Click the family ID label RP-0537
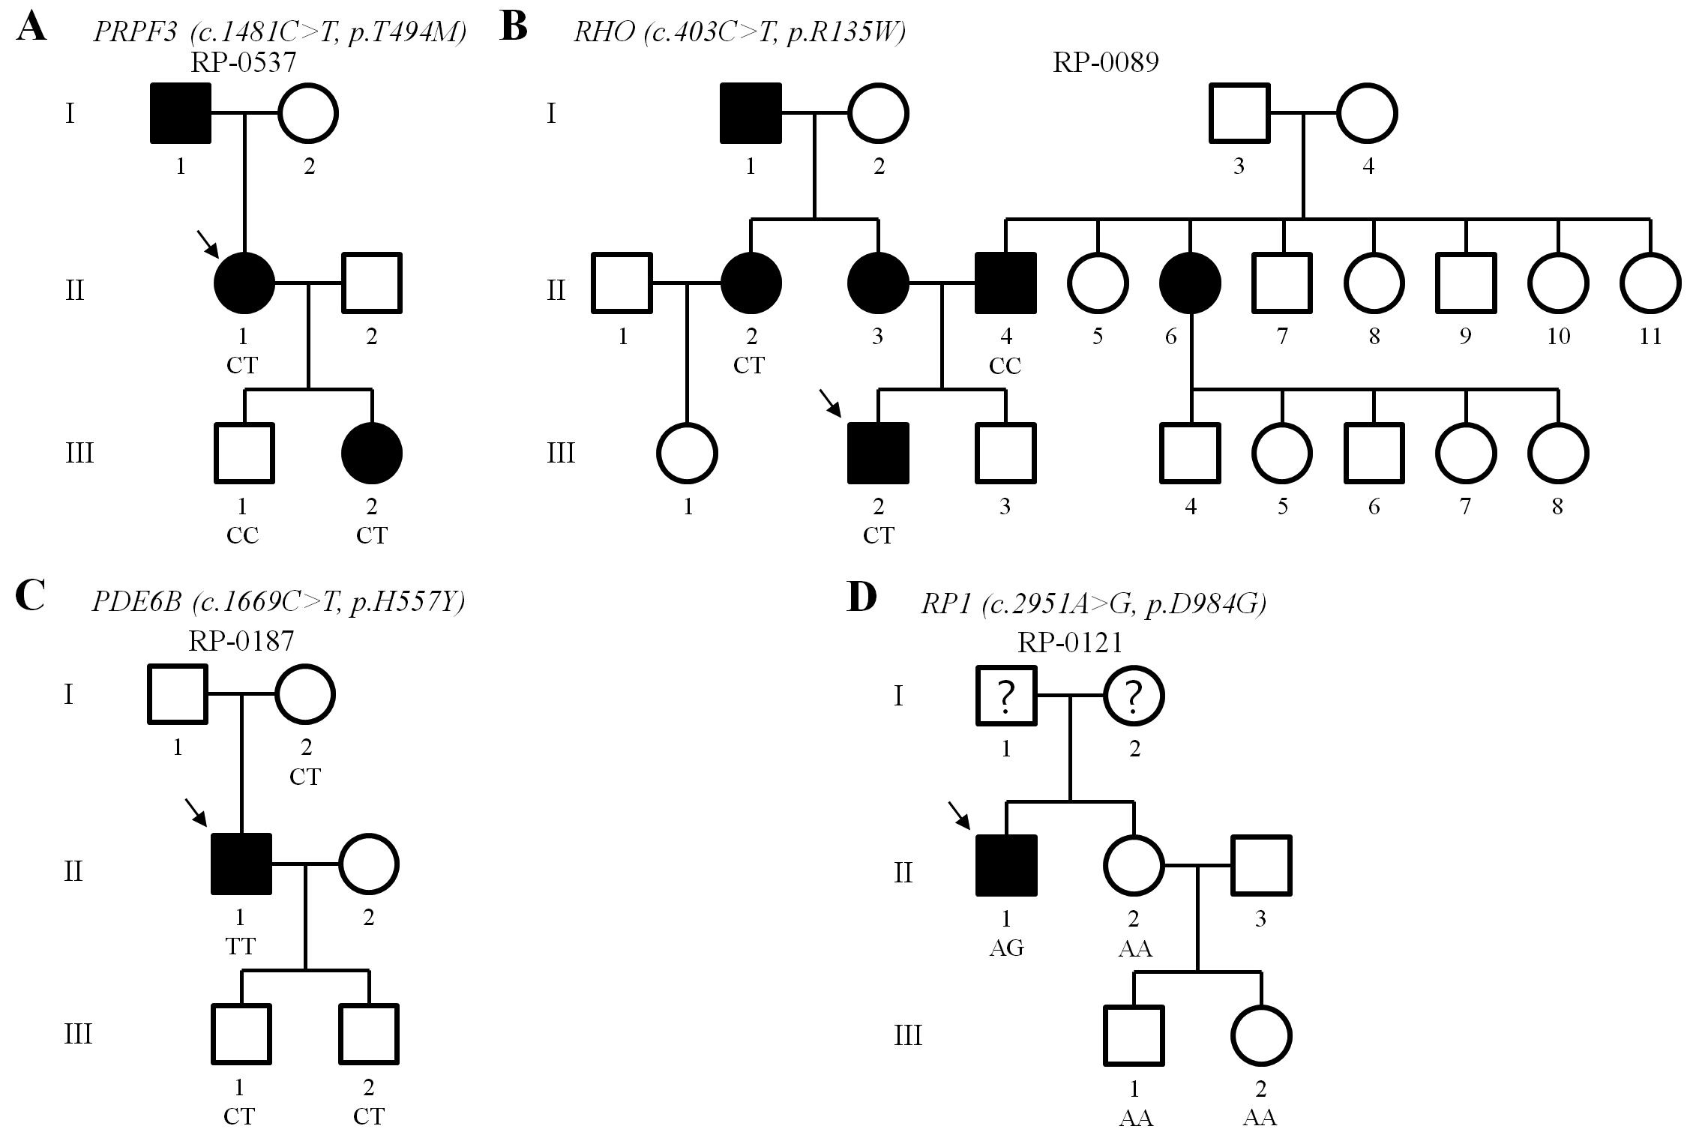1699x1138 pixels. (243, 61)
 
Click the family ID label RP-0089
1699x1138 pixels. (1106, 61)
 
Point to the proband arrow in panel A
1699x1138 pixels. (207, 243)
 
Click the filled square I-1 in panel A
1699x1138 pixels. (181, 113)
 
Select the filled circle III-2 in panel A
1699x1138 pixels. (372, 454)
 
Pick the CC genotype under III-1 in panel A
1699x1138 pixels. (242, 535)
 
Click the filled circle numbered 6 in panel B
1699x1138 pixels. (1190, 283)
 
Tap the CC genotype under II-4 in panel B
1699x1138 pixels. (1005, 366)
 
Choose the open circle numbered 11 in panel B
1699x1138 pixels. (1650, 283)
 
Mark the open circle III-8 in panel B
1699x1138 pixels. (1558, 454)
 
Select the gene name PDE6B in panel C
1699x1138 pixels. (136, 602)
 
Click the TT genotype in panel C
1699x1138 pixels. (240, 946)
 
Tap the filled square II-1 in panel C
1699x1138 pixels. (241, 864)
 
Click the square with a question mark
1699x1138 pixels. (1005, 696)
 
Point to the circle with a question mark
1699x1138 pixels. (1134, 696)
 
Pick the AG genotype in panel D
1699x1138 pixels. (1006, 948)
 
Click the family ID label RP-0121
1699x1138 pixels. (1070, 642)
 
